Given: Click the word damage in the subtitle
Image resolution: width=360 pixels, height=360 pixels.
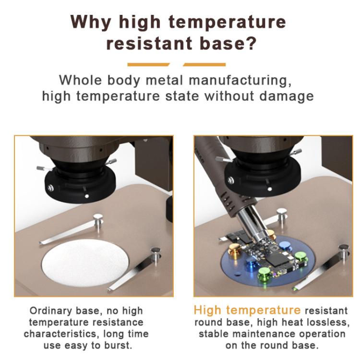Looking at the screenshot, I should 287,96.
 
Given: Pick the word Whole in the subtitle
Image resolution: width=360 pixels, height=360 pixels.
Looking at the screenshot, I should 79,79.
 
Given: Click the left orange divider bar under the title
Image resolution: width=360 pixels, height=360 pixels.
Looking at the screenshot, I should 148,64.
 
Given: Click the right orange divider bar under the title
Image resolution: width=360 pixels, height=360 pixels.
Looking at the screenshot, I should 204,64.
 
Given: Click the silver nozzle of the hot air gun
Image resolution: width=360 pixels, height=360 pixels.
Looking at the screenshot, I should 255,230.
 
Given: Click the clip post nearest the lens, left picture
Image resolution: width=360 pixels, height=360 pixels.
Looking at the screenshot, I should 98,219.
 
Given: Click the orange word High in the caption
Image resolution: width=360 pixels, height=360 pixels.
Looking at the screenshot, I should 208,310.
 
